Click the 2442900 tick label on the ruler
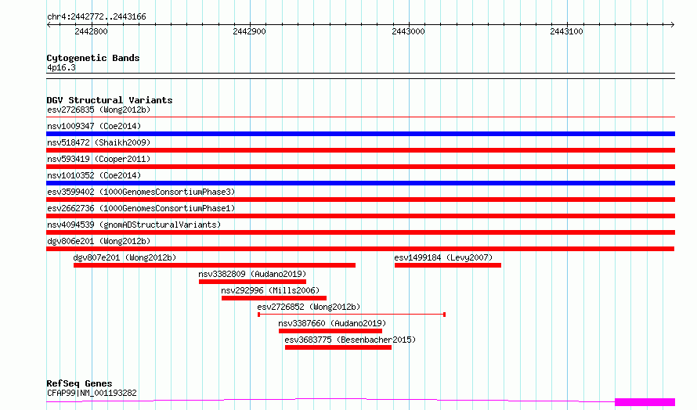coord(249,31)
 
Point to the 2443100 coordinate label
coord(566,31)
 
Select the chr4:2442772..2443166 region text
coord(96,17)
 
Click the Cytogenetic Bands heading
coord(93,58)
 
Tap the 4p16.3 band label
coord(61,67)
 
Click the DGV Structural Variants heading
coord(110,100)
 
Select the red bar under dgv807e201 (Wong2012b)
coord(215,265)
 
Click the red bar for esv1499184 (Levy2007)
coord(448,265)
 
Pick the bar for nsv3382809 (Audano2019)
coord(252,282)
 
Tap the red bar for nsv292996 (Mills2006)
coord(274,298)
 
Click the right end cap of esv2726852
coord(445,315)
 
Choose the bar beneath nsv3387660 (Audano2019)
coord(330,331)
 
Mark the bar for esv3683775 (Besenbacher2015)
coord(338,347)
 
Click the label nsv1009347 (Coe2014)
coord(94,126)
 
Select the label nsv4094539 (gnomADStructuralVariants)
coord(134,225)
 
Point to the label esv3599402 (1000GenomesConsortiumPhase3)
coord(141,192)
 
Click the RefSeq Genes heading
coord(79,383)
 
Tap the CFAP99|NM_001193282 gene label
coord(92,393)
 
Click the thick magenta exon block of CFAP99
coord(645,402)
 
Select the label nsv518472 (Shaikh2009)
coord(99,142)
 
